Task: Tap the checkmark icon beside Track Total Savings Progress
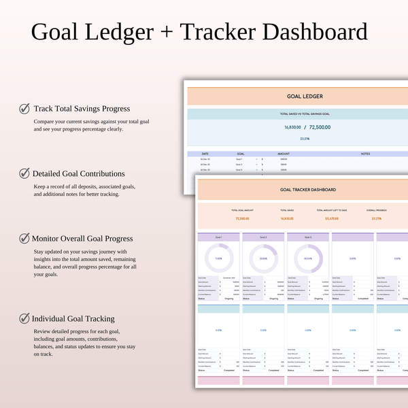coord(24,108)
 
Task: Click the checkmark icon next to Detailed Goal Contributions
coord(24,173)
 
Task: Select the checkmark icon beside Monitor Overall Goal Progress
coord(24,239)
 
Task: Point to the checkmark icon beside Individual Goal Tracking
coord(24,318)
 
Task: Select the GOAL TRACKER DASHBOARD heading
coord(303,190)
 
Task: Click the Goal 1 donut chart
coord(218,258)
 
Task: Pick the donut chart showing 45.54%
coord(307,258)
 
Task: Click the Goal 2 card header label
coord(262,237)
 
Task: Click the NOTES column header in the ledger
coord(365,154)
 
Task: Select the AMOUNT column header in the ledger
coord(284,154)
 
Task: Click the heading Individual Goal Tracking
coord(73,318)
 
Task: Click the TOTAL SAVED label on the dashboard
coord(286,211)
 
